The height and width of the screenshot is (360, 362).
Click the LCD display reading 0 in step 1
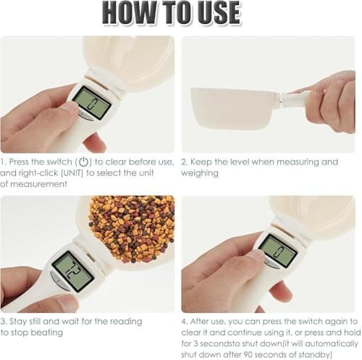[91, 102]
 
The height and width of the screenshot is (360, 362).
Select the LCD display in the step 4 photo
[277, 251]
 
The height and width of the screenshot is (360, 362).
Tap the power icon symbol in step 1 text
[84, 162]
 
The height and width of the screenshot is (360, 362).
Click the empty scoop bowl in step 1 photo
[130, 58]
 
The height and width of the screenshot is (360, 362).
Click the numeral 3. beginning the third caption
[4, 321]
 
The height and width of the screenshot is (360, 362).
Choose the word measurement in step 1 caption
[43, 184]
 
